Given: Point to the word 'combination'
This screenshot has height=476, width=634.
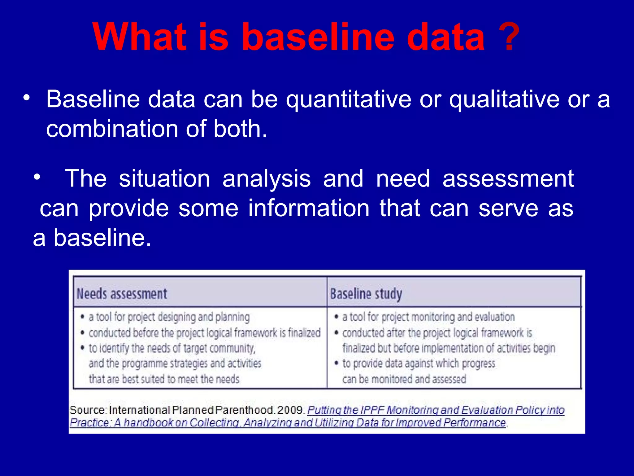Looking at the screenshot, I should point(112,129).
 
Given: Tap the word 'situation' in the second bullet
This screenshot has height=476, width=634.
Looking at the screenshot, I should point(164,179).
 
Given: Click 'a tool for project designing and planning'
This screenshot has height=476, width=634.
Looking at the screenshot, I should point(169,317).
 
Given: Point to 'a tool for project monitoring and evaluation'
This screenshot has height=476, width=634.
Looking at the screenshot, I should point(428,317).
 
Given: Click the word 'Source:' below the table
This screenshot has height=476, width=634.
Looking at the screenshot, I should point(88,410).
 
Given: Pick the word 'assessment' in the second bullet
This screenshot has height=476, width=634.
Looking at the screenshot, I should point(508,179).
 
